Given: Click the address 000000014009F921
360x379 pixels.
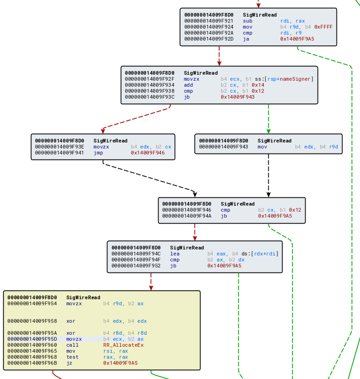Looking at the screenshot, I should point(208,21).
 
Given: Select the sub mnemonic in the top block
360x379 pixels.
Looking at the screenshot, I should point(248,21).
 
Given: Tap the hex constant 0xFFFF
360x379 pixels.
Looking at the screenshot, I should point(323,27).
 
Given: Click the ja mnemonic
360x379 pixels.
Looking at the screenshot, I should point(246,39).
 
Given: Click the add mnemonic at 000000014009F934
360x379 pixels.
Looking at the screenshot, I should point(189,85).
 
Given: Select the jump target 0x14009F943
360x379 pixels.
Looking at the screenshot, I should point(237,97).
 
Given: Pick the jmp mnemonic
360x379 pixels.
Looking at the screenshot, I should point(98,153).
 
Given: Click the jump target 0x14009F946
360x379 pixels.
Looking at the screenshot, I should point(148,153).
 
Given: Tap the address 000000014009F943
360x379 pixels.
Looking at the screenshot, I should point(224,147).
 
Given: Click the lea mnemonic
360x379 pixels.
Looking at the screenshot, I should point(175,254).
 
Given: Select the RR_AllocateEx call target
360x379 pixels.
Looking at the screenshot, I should point(123,345).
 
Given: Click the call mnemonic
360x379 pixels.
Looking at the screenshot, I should point(72,345).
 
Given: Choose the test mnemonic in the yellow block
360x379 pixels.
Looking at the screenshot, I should point(72,357).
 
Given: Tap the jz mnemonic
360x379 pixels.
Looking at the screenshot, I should point(69,363).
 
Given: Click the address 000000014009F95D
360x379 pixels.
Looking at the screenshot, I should point(32,339).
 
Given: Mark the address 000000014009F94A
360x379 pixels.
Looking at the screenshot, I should point(187,216).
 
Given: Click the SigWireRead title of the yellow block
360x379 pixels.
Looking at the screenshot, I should point(83,297).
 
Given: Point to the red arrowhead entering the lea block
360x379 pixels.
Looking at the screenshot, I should point(195,238).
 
